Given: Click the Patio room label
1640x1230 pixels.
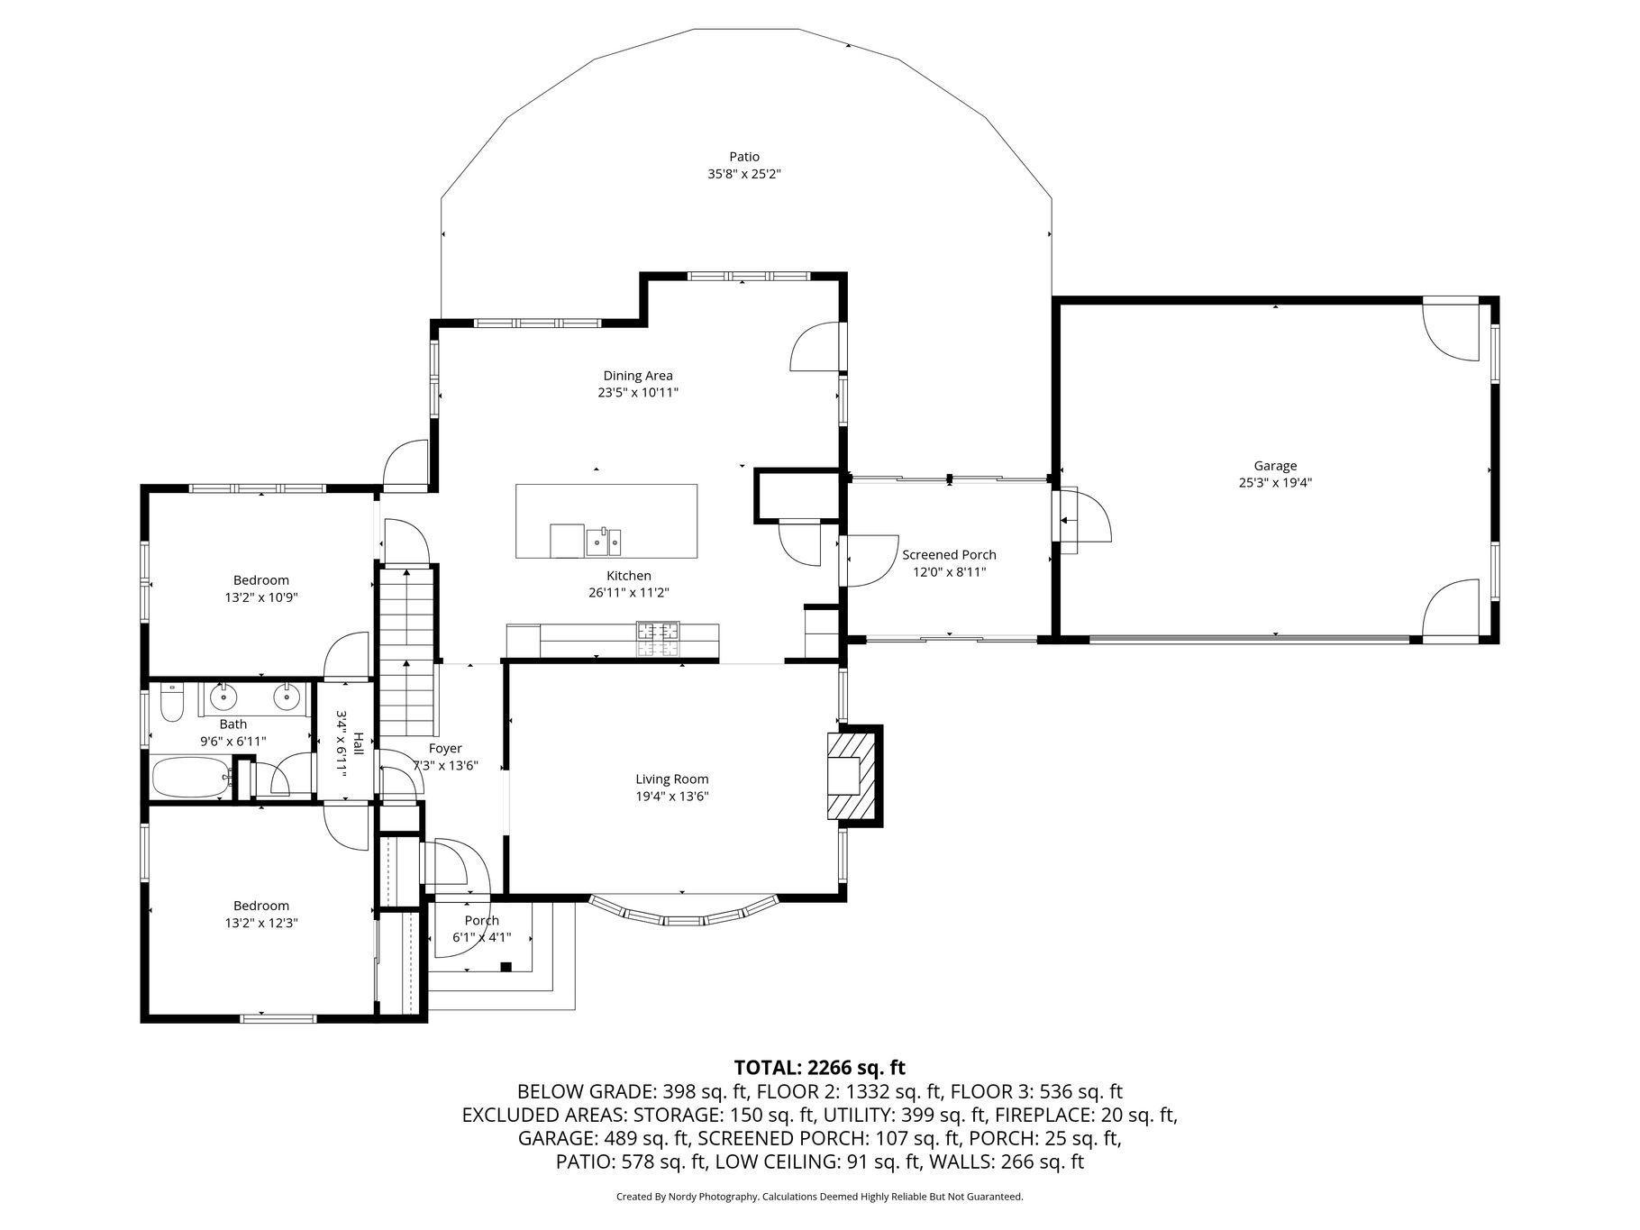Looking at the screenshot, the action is [x=744, y=157].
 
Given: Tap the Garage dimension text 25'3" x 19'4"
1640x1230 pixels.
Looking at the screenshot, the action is [x=1275, y=482].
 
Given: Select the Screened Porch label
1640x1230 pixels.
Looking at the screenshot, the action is [x=949, y=555].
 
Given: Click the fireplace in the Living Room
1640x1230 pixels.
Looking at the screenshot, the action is [x=852, y=775].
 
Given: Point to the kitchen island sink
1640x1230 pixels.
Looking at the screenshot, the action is [x=604, y=542].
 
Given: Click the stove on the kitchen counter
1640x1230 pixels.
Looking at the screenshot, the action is [x=659, y=638].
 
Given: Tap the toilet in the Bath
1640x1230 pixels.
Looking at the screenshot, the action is [x=171, y=701].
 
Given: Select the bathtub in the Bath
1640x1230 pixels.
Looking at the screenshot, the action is [x=192, y=778].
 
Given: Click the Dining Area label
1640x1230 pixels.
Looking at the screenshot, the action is [x=638, y=376].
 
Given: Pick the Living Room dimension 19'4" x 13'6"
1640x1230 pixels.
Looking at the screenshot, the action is [x=672, y=796].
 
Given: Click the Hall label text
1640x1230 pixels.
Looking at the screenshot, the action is [x=359, y=743].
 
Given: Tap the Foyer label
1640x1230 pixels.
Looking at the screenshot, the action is [x=445, y=749].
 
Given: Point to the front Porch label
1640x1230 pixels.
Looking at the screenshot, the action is [x=482, y=920].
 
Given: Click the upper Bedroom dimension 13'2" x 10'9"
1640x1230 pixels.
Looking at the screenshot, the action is [x=261, y=597].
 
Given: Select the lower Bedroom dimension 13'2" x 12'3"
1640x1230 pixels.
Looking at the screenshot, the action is [x=261, y=923].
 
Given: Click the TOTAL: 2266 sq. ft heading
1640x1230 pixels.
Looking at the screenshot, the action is [x=819, y=1068].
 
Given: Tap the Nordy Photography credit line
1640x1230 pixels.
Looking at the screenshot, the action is [x=819, y=1197].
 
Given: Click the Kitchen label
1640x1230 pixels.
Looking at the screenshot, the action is [x=628, y=576].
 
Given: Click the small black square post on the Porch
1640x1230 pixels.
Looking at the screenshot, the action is [x=506, y=967].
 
